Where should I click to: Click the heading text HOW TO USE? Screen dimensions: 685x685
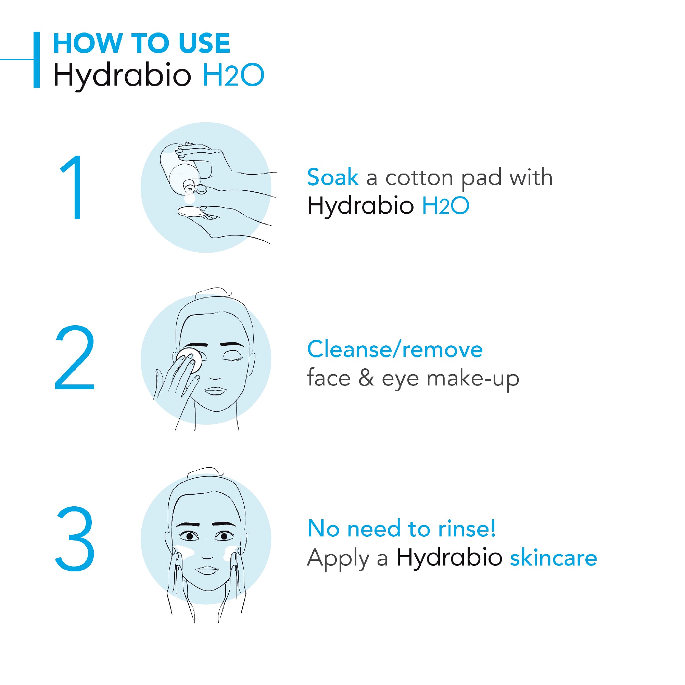coord(141,43)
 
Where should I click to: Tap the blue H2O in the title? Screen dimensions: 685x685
coord(233,75)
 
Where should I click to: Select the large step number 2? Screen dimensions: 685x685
coord(75,357)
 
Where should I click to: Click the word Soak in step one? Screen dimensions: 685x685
coord(333,177)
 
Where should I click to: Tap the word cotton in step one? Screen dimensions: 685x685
coord(419,178)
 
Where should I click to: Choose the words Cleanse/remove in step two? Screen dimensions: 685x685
coord(395,349)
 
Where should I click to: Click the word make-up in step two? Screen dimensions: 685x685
coord(473,378)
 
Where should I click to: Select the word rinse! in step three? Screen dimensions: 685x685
coord(467,529)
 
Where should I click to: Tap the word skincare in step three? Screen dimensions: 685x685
coord(554,558)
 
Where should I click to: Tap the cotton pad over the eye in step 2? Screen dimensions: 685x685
coord(190,359)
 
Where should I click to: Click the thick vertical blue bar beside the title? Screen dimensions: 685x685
coord(37,60)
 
